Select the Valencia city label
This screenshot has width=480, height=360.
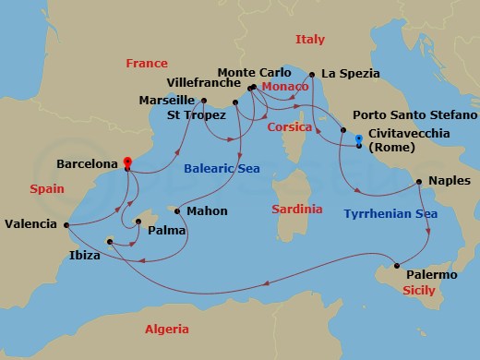coord(30,223)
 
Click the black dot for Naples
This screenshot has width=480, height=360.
coord(419,181)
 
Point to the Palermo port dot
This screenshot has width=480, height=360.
coord(397,267)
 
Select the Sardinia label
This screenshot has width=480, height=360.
coord(297,210)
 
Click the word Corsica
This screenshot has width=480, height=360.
coord(289,128)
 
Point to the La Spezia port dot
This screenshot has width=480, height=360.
coord(312,74)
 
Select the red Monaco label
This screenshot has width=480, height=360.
coord(284,86)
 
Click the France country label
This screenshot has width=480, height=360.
coord(148,63)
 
